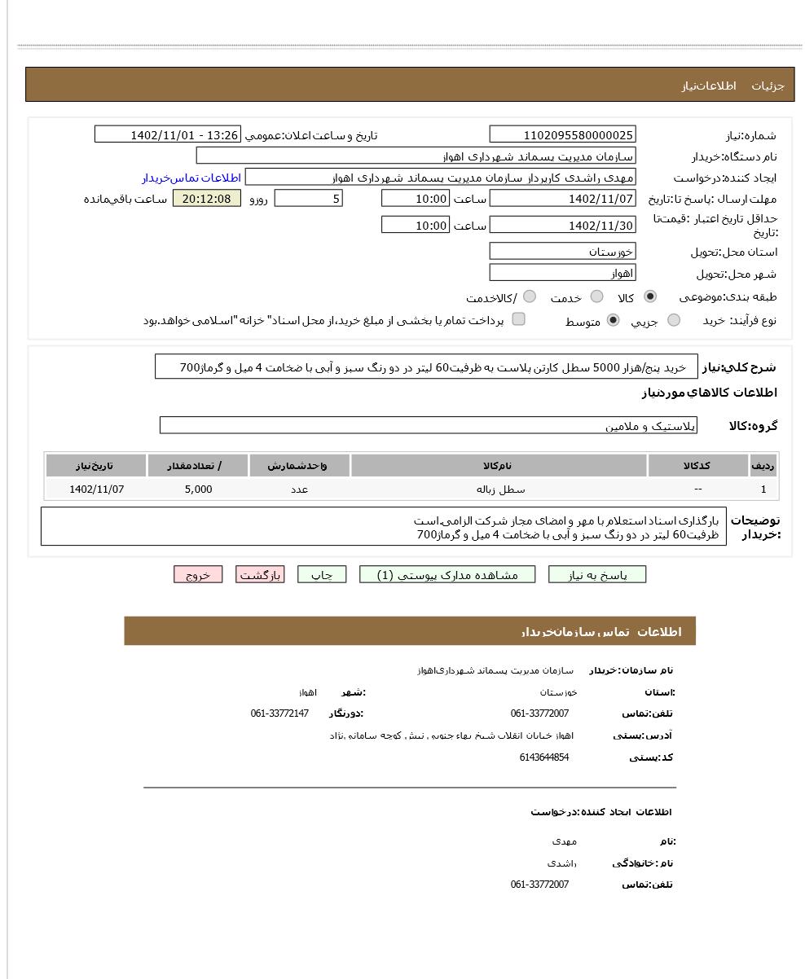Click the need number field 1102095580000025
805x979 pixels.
pyautogui.click(x=562, y=135)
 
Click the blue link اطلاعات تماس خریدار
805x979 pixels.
pyautogui.click(x=191, y=178)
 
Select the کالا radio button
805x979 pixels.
pyautogui.click(x=649, y=296)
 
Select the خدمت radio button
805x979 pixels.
pyautogui.click(x=596, y=296)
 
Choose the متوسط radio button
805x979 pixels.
pyautogui.click(x=613, y=320)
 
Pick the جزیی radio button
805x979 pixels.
pyautogui.click(x=673, y=320)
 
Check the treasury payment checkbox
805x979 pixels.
pyautogui.click(x=518, y=319)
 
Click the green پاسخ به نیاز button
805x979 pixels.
pyautogui.click(x=597, y=575)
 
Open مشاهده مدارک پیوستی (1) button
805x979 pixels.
pyautogui.click(x=447, y=575)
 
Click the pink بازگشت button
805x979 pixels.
pyautogui.click(x=260, y=575)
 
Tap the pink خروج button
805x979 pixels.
pyautogui.click(x=198, y=575)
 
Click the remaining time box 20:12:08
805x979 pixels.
pyautogui.click(x=207, y=199)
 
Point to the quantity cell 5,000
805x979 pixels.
pyautogui.click(x=198, y=490)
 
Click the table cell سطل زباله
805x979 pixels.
pyautogui.click(x=500, y=490)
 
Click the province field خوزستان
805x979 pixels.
pyautogui.click(x=562, y=252)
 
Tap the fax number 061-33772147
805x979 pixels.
pyautogui.click(x=279, y=713)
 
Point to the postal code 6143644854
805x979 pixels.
pyautogui.click(x=543, y=757)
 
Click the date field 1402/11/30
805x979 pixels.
pyautogui.click(x=562, y=226)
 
